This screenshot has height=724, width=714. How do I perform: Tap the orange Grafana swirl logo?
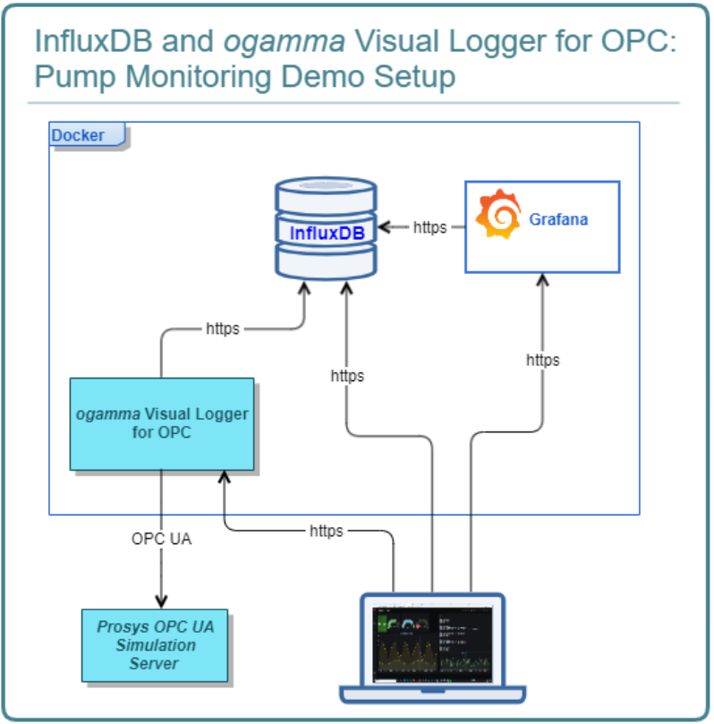point(497,215)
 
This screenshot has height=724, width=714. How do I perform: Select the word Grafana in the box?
point(558,219)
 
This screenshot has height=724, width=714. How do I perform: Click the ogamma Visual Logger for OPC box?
point(162,423)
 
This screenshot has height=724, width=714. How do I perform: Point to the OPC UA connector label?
point(162,540)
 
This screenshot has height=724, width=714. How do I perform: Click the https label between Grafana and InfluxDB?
point(429,227)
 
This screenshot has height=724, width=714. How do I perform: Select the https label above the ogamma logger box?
point(223,328)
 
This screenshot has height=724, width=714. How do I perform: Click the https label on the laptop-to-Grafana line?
point(542,360)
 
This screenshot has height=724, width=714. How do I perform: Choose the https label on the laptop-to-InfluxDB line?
point(347,376)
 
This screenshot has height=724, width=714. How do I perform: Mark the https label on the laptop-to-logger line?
point(326,531)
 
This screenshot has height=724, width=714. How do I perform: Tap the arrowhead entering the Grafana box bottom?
point(540,279)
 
